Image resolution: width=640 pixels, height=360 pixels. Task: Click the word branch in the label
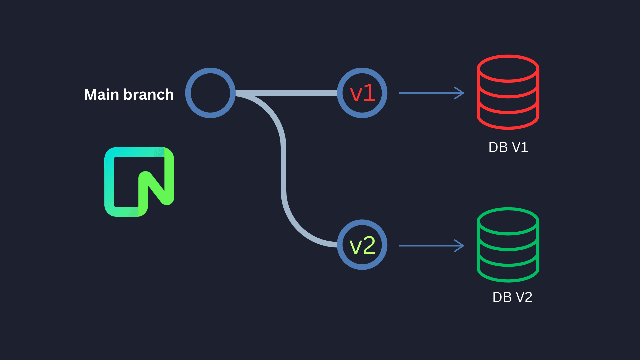click(148, 95)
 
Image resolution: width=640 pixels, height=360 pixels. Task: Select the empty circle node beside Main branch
click(210, 93)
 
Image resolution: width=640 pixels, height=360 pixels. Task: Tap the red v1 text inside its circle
click(362, 93)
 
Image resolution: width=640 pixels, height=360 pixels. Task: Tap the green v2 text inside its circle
click(362, 246)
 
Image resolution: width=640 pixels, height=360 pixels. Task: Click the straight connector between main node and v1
click(287, 93)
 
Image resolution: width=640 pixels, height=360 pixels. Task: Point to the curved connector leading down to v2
click(283, 167)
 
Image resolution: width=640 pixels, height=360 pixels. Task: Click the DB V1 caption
click(508, 147)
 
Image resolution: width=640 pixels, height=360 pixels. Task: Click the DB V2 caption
click(512, 297)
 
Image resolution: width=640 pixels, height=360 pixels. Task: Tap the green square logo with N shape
click(139, 182)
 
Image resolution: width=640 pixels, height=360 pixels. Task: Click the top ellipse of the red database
click(508, 69)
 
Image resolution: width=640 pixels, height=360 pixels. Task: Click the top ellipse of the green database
click(508, 221)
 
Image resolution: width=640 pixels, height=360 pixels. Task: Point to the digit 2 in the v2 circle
click(369, 246)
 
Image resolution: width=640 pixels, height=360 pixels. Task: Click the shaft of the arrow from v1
click(427, 93)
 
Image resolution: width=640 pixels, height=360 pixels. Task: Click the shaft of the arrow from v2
click(427, 246)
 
